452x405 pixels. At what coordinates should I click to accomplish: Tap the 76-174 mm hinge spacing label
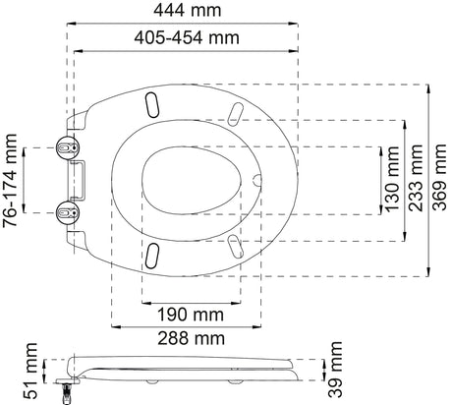point(12,178)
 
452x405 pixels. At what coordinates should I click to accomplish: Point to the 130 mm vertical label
point(393,179)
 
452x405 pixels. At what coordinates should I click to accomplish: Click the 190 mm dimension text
point(187,316)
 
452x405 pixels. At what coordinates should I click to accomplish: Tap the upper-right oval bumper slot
point(234,114)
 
